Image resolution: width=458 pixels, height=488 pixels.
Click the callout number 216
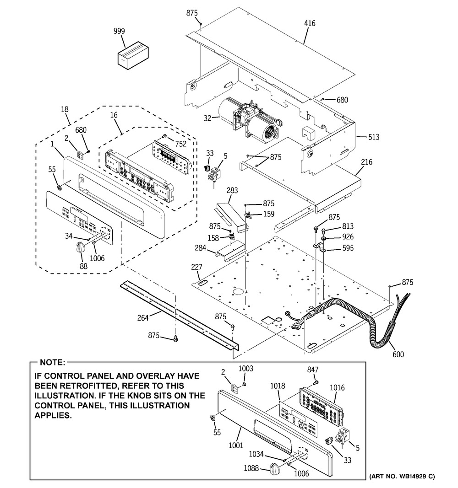click(366, 162)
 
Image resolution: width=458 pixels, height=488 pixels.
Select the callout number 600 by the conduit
click(398, 354)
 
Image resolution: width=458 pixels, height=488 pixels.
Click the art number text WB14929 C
click(402, 477)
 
